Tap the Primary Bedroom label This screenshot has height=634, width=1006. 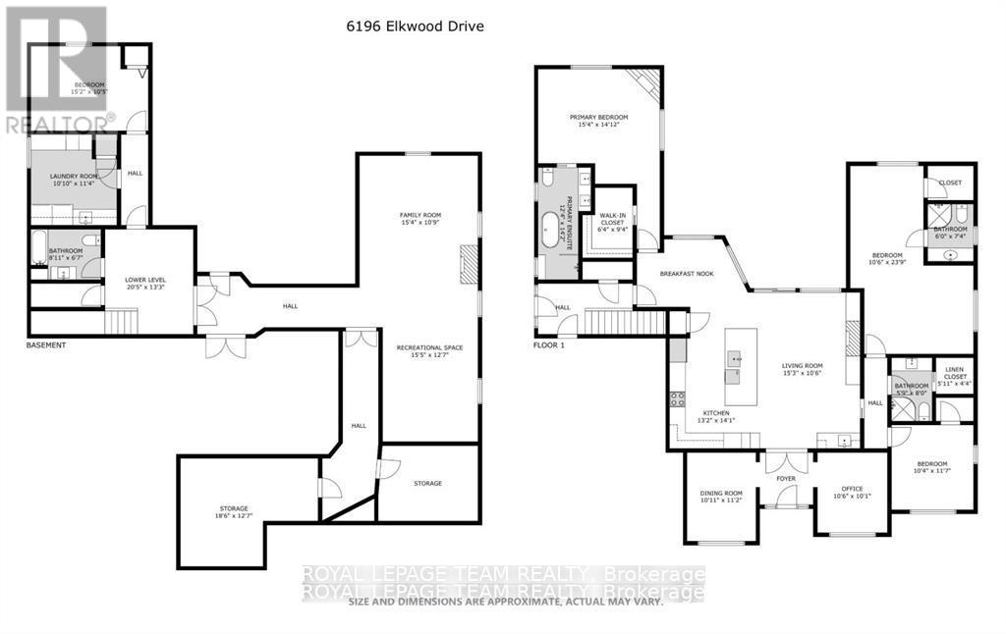tap(598, 121)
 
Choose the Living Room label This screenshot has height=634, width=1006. tap(801, 367)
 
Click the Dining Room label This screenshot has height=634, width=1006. tap(721, 497)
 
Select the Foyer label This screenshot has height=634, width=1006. tap(786, 479)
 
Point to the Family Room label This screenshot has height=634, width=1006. tap(419, 219)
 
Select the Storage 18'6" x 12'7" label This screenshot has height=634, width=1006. tap(233, 511)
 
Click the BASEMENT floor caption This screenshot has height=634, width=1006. tap(46, 345)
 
